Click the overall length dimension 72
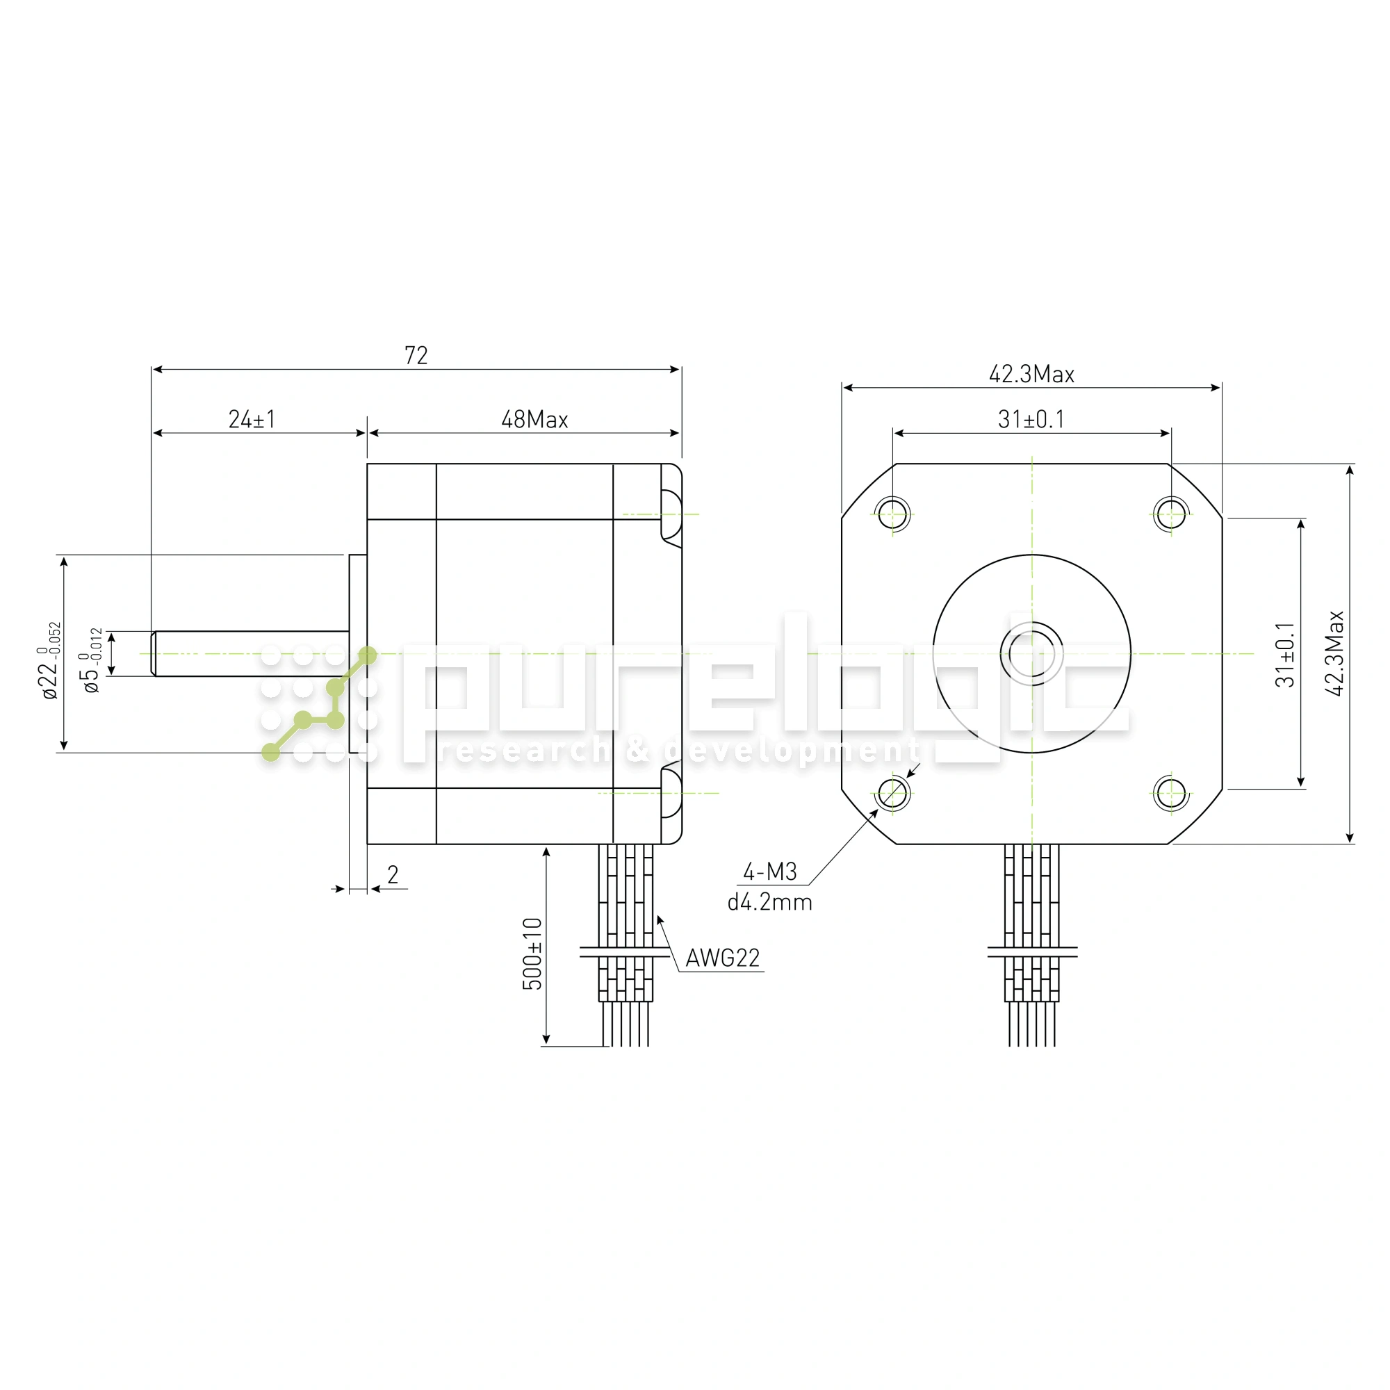(416, 355)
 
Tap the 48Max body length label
(534, 420)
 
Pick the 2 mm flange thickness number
(393, 874)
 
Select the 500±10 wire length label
(532, 954)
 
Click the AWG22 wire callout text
(722, 958)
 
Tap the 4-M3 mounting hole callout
(770, 872)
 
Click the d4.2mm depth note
(770, 902)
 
